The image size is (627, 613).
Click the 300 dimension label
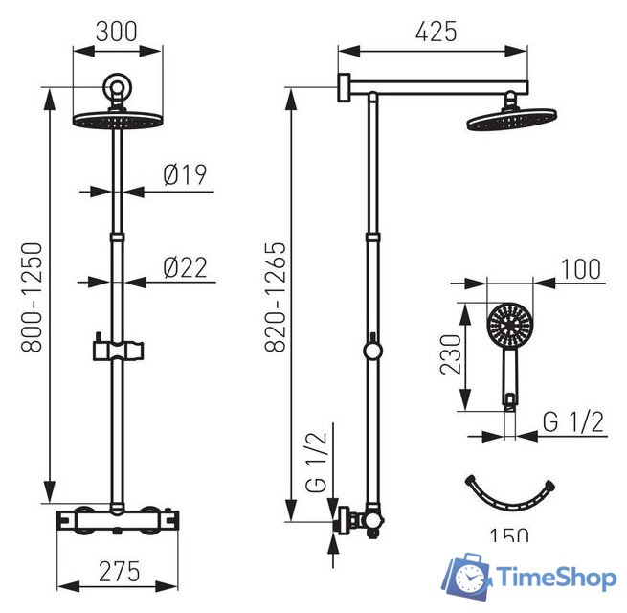[x=117, y=30]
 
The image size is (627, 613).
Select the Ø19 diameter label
[x=186, y=175]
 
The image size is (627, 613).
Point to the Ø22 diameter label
[x=186, y=267]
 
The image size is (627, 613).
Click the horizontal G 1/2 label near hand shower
[x=572, y=421]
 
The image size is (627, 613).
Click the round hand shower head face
[x=507, y=327]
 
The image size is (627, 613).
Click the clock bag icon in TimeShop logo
[x=466, y=577]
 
